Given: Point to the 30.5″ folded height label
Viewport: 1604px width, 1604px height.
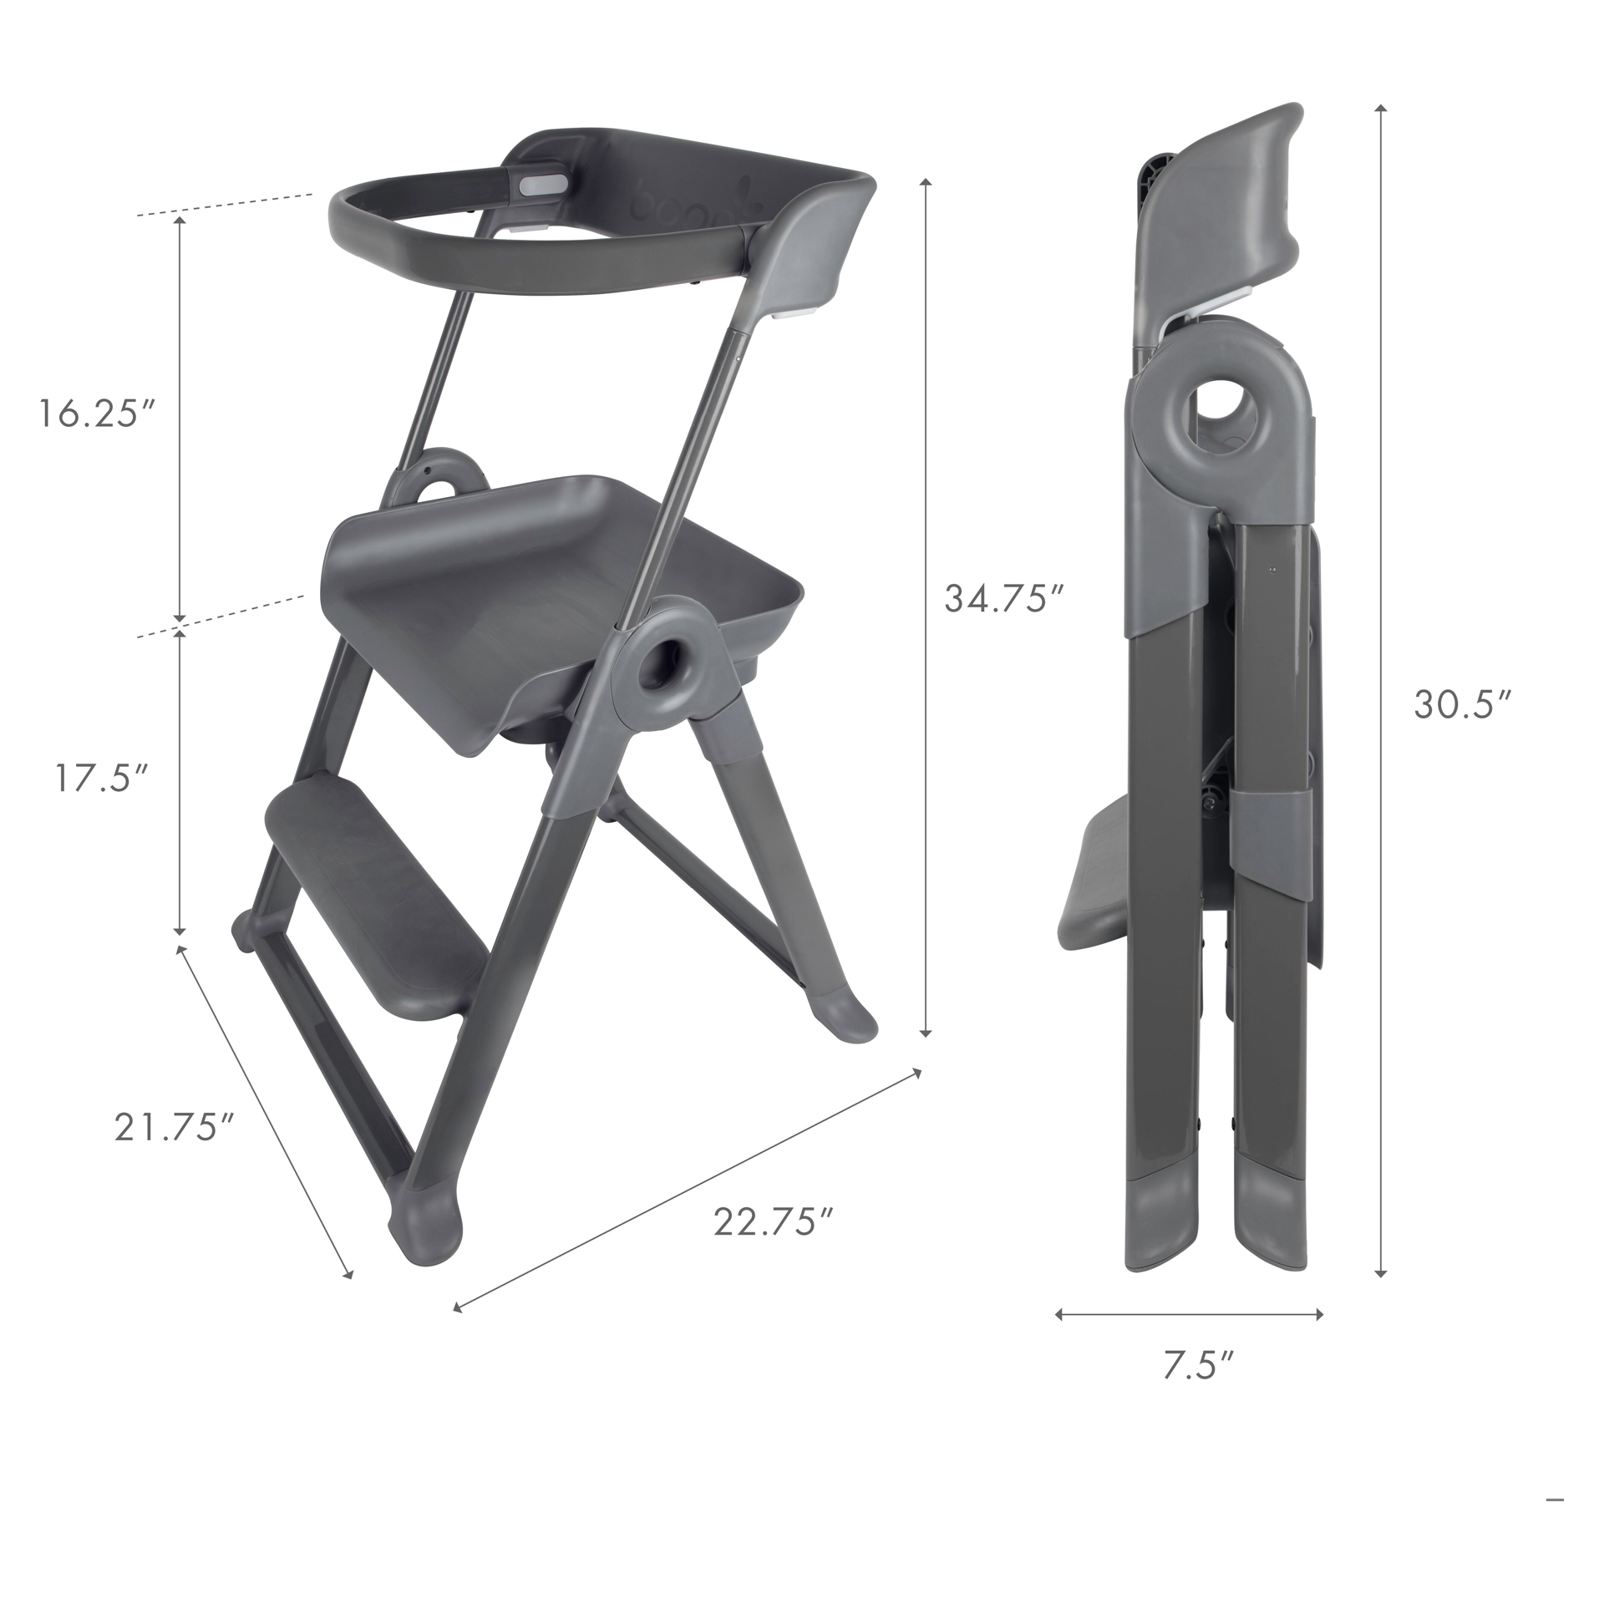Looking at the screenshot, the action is [x=1463, y=704].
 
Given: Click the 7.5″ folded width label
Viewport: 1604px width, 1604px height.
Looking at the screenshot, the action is [x=1197, y=1391].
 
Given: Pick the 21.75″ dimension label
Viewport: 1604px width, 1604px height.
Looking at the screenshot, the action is [x=174, y=1126].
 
